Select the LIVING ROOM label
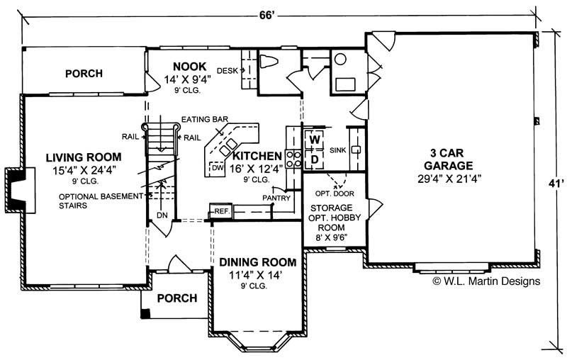[x=84, y=157]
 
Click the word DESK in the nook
[x=227, y=70]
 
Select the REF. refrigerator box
[x=220, y=210]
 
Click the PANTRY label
[x=276, y=198]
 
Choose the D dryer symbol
[x=314, y=159]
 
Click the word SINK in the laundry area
[x=337, y=150]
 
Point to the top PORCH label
[x=84, y=73]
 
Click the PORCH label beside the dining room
[x=176, y=298]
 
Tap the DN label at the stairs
[x=162, y=215]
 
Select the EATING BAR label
[x=203, y=119]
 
